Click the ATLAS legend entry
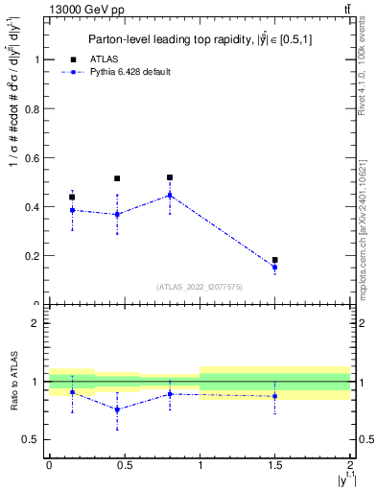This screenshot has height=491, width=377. tap(96, 59)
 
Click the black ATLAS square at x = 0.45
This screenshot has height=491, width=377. tap(117, 178)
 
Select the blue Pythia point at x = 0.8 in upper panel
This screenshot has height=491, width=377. tap(170, 196)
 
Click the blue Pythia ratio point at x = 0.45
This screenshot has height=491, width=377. tap(117, 409)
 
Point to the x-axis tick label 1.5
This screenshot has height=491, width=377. tap(274, 464)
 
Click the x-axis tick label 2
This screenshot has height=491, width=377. tap(350, 464)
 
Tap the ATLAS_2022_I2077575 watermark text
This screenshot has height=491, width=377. tap(199, 286)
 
